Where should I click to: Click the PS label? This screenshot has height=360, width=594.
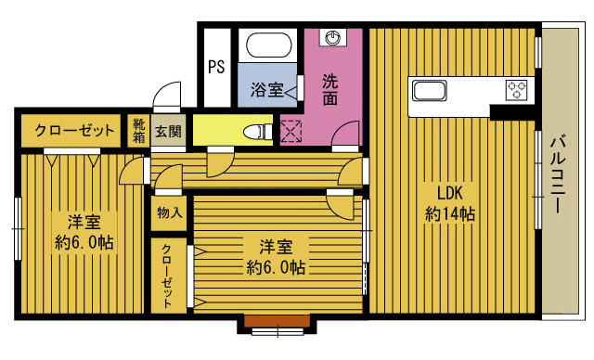[x=216, y=67]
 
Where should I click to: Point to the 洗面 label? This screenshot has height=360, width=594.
[x=330, y=90]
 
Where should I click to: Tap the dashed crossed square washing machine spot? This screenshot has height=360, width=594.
[x=291, y=131]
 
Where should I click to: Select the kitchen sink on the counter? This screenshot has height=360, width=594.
[x=429, y=91]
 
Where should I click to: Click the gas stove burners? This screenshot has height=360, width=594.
[x=516, y=90]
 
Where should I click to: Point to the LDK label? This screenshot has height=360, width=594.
[x=450, y=193]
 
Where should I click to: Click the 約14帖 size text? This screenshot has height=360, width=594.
[x=450, y=214]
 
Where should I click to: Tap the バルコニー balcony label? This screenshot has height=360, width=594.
[x=559, y=176]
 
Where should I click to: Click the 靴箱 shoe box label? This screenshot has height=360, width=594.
[x=138, y=130]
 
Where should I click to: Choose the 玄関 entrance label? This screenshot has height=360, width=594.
[x=168, y=130]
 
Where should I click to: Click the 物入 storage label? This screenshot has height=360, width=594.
[x=169, y=212]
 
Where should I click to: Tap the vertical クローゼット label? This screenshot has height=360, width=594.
[x=168, y=276]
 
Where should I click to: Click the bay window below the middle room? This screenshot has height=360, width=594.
[x=278, y=325]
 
